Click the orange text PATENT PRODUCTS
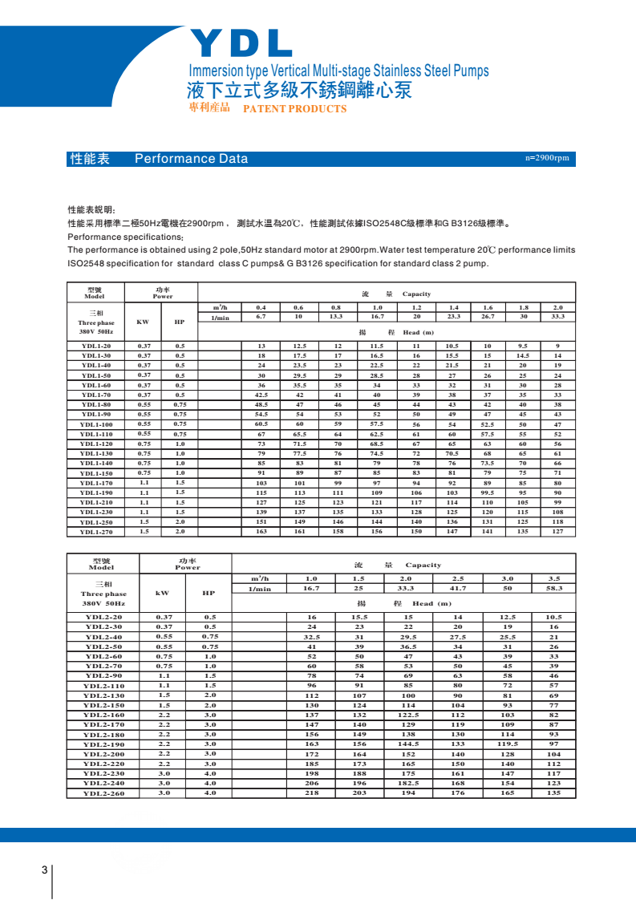click(294, 109)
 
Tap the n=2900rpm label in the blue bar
click(547, 158)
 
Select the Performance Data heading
click(191, 159)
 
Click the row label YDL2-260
click(104, 793)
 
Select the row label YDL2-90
click(104, 676)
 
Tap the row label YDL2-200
click(104, 754)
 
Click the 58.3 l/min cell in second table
click(554, 588)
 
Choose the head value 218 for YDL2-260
click(312, 793)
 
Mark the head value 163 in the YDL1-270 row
click(261, 532)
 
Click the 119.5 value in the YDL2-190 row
click(507, 744)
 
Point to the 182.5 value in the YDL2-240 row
click(409, 783)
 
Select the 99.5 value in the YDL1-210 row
click(488, 493)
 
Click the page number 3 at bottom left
click(44, 871)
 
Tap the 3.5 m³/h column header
click(554, 578)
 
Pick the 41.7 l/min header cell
click(458, 588)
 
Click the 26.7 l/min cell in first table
click(488, 317)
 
